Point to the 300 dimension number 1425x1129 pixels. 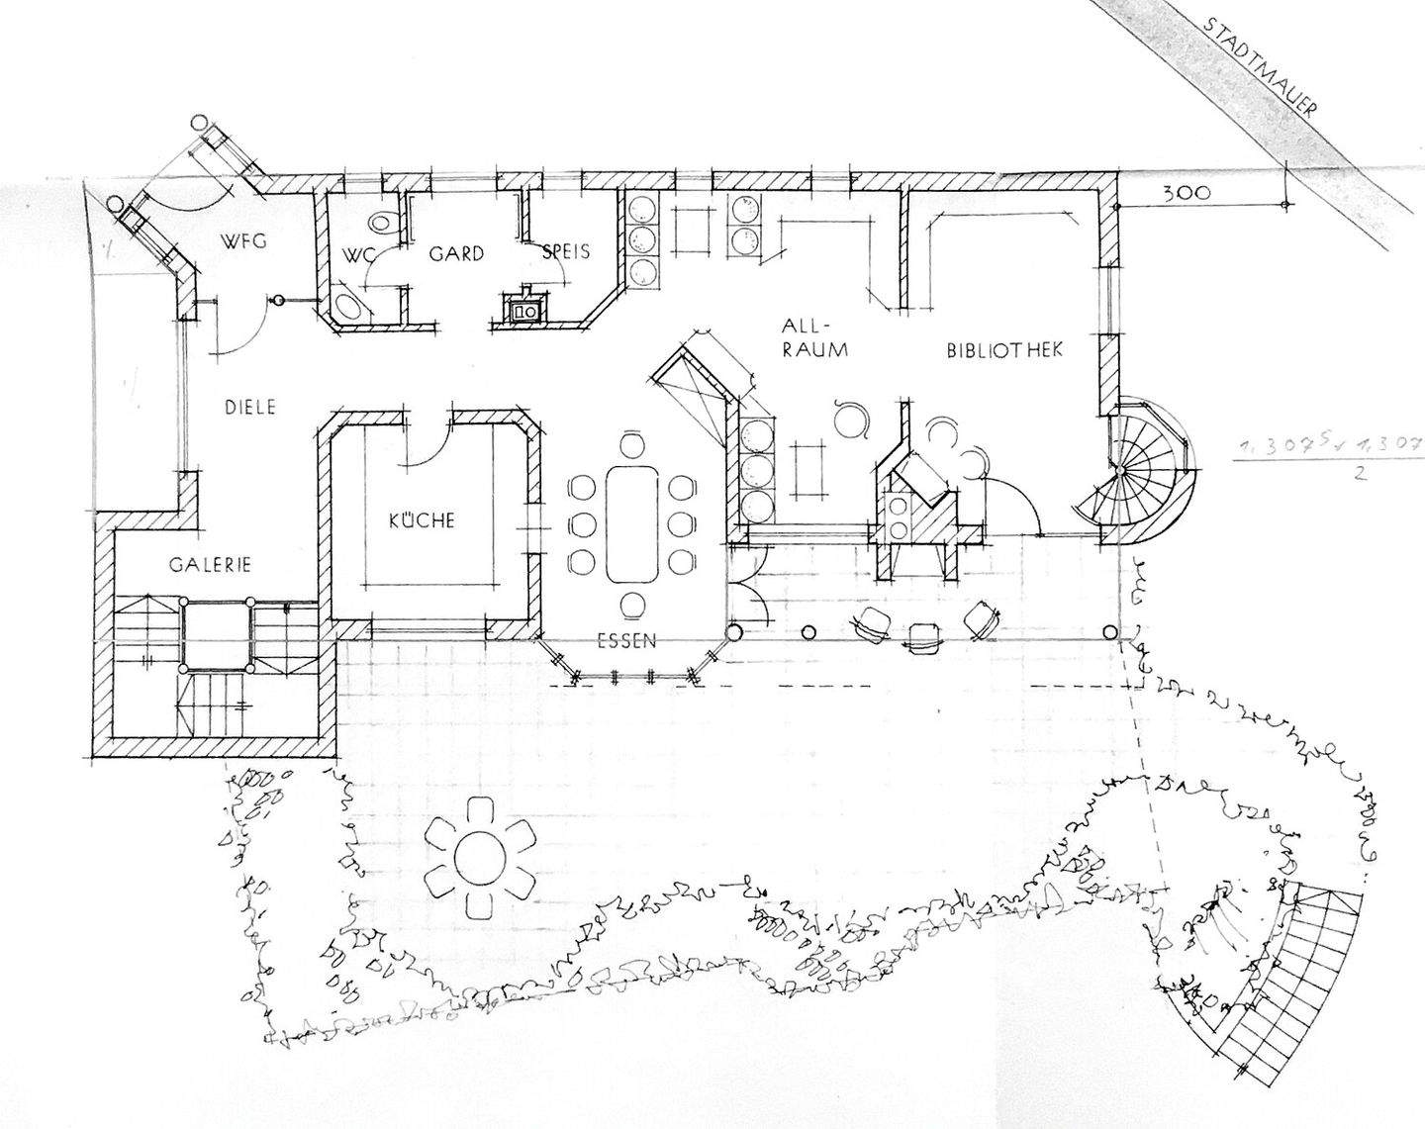[1186, 194]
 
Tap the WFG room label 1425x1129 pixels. [244, 240]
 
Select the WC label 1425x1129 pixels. [357, 255]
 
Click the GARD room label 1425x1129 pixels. [455, 253]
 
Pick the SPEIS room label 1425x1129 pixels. [566, 251]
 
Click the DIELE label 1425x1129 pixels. [247, 407]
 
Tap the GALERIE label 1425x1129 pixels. [209, 565]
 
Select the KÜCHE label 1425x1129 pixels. [422, 519]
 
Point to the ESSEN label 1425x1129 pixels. [626, 640]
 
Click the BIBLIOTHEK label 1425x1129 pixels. [1003, 350]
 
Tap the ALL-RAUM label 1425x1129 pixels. [813, 336]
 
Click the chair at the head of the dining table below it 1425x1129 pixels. [631, 605]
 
